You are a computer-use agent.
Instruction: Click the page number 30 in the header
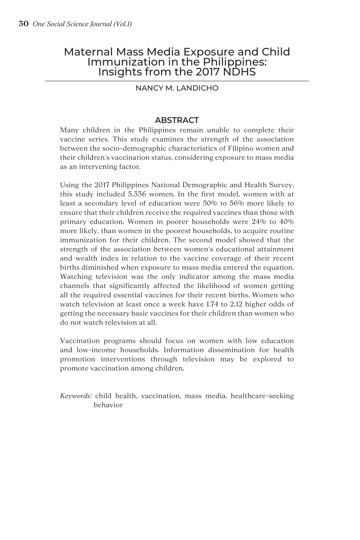[23, 24]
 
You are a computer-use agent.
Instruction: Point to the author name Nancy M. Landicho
[177, 88]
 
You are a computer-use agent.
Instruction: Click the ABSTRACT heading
[177, 120]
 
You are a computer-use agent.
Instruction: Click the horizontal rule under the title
[177, 81]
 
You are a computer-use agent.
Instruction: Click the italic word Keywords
[76, 396]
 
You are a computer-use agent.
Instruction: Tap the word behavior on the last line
[108, 405]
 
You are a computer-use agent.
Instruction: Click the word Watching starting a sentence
[74, 277]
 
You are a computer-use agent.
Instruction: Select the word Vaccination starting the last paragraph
[79, 341]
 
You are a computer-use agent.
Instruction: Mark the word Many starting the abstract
[69, 130]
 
